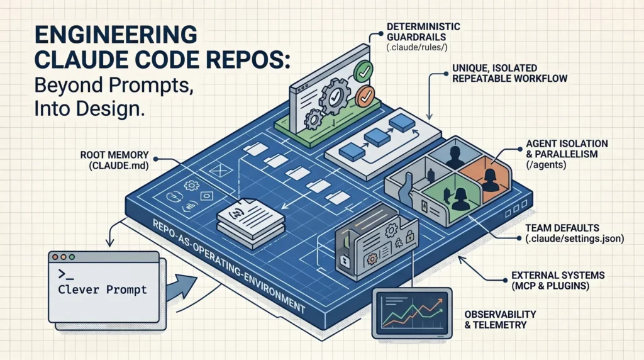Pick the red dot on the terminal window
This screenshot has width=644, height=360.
coord(55,257)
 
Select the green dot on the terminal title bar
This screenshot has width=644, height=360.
coord(72,257)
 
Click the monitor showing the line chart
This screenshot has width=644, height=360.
coord(412,311)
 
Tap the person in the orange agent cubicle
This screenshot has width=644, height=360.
coord(489,177)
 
